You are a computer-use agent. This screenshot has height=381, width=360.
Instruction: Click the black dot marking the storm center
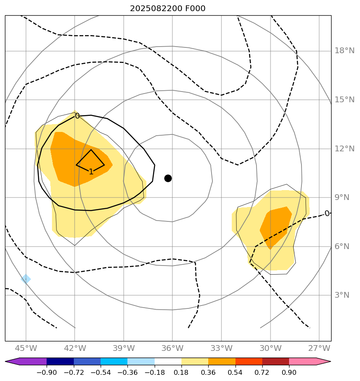pyautogui.click(x=168, y=178)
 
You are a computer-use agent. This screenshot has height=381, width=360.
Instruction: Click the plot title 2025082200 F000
pyautogui.click(x=167, y=9)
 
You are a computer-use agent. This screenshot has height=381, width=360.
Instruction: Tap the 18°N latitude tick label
pyautogui.click(x=344, y=51)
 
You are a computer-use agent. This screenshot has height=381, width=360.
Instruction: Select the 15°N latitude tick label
pyautogui.click(x=344, y=100)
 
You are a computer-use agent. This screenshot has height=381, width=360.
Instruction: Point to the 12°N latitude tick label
pyautogui.click(x=344, y=148)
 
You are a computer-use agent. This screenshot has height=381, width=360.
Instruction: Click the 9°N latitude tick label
pyautogui.click(x=342, y=198)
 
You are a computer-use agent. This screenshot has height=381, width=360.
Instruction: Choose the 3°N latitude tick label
pyautogui.click(x=342, y=295)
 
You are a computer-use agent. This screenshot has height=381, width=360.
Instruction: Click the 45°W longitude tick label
pyautogui.click(x=26, y=348)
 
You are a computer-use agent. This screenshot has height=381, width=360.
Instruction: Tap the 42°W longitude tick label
pyautogui.click(x=75, y=348)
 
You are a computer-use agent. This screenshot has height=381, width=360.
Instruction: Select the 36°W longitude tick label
pyautogui.click(x=172, y=348)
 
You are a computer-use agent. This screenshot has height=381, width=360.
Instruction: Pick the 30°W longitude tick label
pyautogui.click(x=270, y=348)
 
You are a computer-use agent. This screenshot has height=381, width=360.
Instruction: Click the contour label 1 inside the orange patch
pyautogui.click(x=91, y=172)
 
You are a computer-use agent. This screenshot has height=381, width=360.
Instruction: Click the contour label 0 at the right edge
pyautogui.click(x=327, y=214)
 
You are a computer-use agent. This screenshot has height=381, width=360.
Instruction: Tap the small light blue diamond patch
pyautogui.click(x=26, y=279)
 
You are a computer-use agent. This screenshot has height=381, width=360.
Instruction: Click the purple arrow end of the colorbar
pyautogui.click(x=12, y=362)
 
